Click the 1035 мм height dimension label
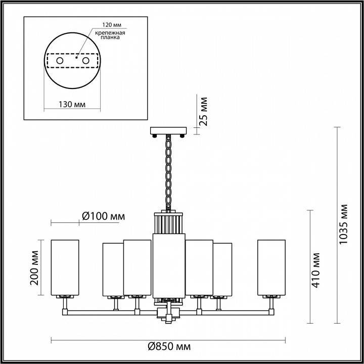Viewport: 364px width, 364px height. tap(344, 224)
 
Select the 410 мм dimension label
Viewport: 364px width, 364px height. tap(317, 269)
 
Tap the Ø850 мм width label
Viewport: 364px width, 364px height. tap(169, 346)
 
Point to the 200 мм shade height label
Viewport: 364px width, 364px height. tap(34, 267)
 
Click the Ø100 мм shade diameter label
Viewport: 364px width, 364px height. tap(103, 216)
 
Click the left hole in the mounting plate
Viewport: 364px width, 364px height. tap(60, 61)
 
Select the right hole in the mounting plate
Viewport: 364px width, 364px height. tap(85, 61)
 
